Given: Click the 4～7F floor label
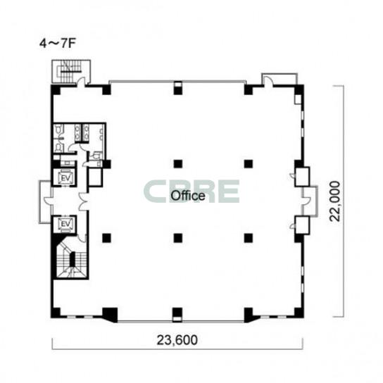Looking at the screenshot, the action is (58, 44).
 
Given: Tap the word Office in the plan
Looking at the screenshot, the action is (188, 196).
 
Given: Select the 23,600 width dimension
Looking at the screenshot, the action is (177, 340).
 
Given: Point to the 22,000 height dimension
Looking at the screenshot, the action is (334, 201).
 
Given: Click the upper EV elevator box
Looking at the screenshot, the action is (65, 178).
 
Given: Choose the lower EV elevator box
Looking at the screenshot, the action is (65, 224).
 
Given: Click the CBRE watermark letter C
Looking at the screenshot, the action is (156, 191).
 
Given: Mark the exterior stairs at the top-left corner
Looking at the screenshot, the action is (68, 71).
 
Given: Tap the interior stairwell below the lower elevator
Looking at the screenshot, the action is (71, 258).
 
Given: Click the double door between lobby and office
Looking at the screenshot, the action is (84, 201).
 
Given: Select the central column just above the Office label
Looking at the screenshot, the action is (178, 163).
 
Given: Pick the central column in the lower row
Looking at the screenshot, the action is (178, 238).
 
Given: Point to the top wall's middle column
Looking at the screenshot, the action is (178, 87).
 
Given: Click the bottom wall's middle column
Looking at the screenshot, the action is (177, 315).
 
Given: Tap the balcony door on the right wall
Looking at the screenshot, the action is (306, 201).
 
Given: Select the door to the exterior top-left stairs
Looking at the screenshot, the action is (82, 82).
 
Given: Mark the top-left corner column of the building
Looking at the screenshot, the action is (56, 89).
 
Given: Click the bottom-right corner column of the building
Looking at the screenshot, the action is (299, 313).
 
